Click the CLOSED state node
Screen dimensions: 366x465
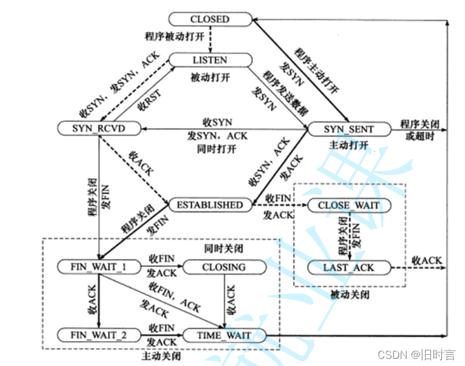pyautogui.click(x=209, y=20)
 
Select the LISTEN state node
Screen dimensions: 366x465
pyautogui.click(x=209, y=60)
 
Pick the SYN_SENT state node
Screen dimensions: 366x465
pyautogui.click(x=348, y=129)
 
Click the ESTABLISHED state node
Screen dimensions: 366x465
pyautogui.click(x=210, y=205)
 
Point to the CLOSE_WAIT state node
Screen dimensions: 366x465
pyautogui.click(x=348, y=206)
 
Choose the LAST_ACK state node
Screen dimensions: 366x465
pyautogui.click(x=348, y=267)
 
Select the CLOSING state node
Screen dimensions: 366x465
pyautogui.click(x=224, y=267)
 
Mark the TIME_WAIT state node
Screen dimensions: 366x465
pyautogui.click(x=224, y=336)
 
